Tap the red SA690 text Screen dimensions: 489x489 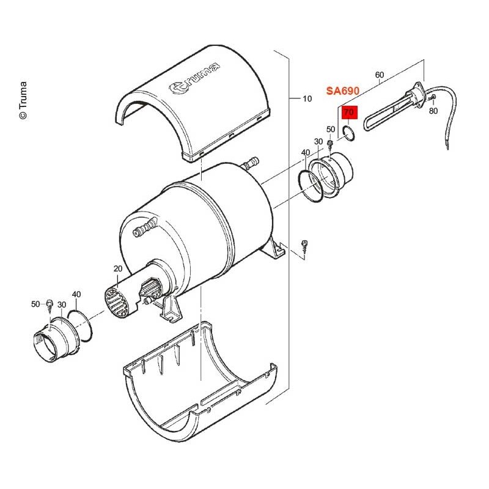tap(343, 90)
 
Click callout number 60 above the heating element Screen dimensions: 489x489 tap(379, 75)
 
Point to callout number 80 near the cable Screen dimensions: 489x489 tap(433, 111)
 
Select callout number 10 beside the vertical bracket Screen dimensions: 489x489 tap(307, 98)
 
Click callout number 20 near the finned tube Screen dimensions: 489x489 tap(118, 268)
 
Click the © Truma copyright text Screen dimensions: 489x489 tap(23, 100)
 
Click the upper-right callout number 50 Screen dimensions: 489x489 tap(331, 129)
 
